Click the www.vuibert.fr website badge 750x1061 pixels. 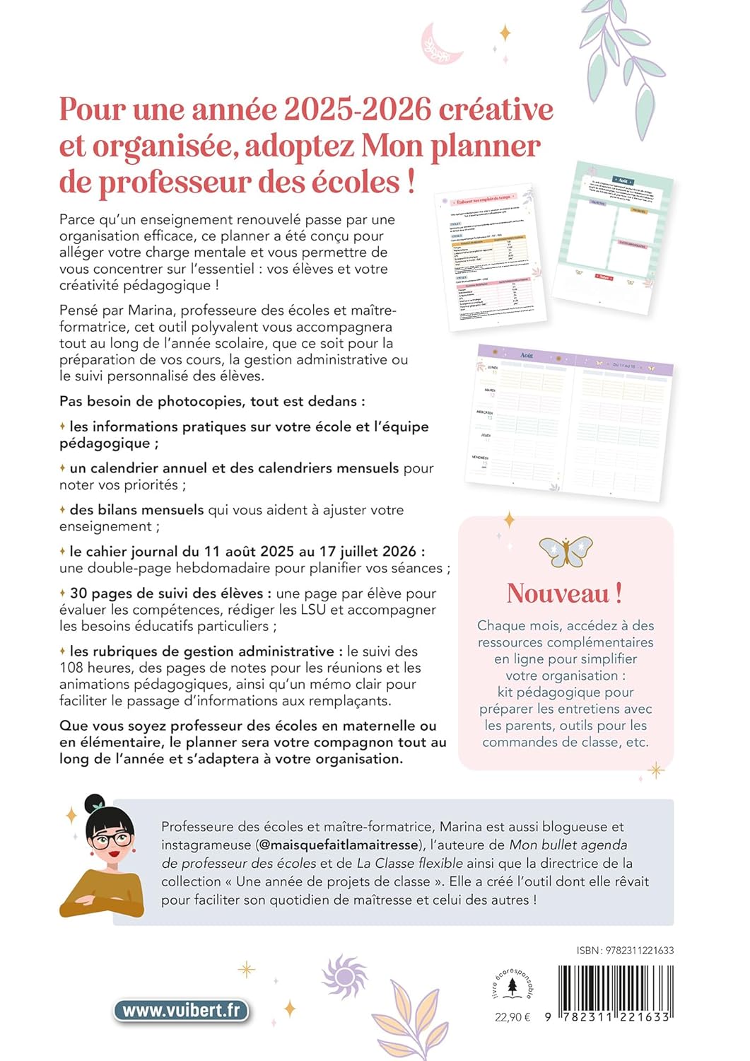pos(182,1010)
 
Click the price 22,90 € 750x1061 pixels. pos(512,1017)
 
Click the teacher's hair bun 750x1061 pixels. pos(95,804)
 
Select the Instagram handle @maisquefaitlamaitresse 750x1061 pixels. pos(339,845)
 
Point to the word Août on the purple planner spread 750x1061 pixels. pos(526,355)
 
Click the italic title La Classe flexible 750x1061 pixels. pos(410,863)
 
